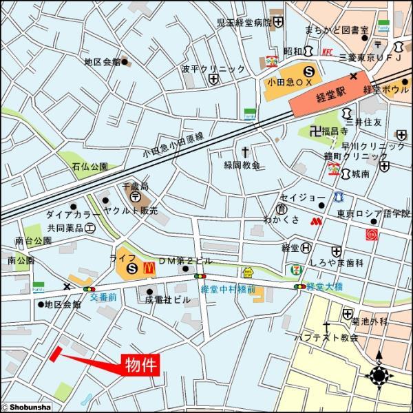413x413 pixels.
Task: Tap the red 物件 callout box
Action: pyautogui.click(x=141, y=365)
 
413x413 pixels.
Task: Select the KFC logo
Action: pyautogui.click(x=327, y=52)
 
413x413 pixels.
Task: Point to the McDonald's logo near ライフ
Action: pyautogui.click(x=147, y=268)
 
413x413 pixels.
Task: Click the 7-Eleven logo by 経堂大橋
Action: pyautogui.click(x=295, y=268)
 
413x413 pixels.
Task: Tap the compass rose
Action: pyautogui.click(x=379, y=377)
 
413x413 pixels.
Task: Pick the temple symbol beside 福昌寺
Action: pyautogui.click(x=315, y=131)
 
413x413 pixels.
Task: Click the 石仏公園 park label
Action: pyautogui.click(x=89, y=167)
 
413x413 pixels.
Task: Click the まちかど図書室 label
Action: pyautogui.click(x=339, y=30)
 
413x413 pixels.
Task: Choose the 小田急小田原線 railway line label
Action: pyautogui.click(x=175, y=143)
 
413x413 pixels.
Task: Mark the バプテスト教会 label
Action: pyautogui.click(x=326, y=337)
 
